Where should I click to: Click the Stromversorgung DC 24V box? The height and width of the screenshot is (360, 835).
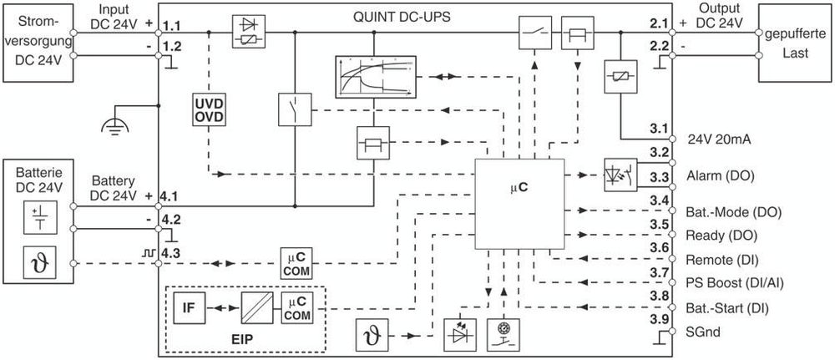[x=37, y=42]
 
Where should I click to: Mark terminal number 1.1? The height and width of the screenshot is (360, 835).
[x=171, y=28]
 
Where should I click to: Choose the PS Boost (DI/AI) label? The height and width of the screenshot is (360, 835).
[x=734, y=283]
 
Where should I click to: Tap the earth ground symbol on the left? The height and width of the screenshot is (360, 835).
[x=109, y=125]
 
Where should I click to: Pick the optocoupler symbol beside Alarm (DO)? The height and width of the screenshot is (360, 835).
[x=618, y=176]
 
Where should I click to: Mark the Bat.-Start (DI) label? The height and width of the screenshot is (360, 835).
[x=726, y=308]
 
